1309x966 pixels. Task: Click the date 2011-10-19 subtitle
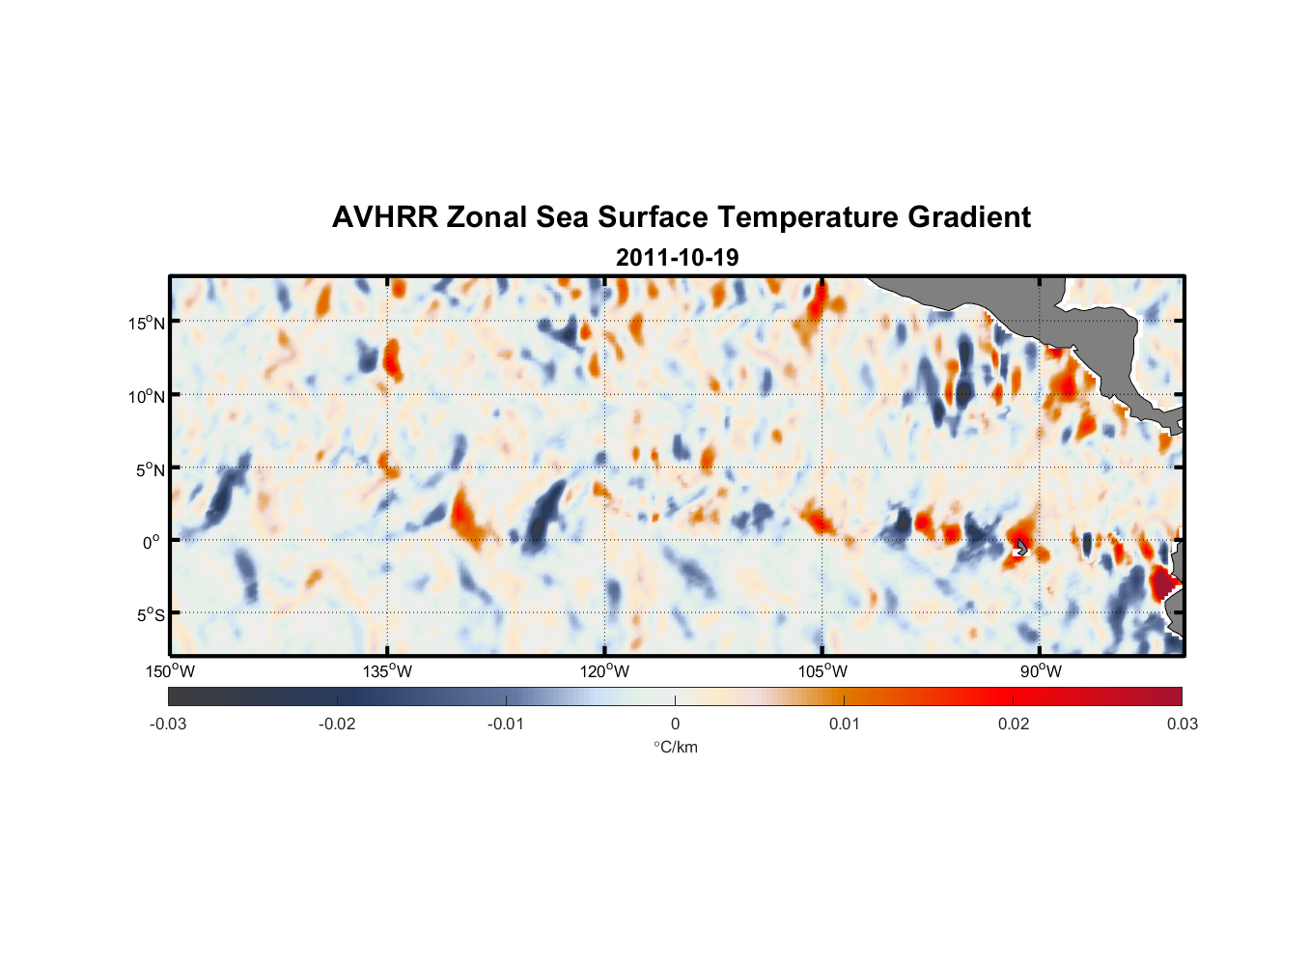(x=677, y=258)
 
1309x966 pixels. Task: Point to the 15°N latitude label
(x=147, y=323)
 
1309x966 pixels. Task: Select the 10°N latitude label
(x=147, y=396)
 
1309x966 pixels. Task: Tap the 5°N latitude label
(x=150, y=469)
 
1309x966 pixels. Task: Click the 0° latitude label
(x=152, y=542)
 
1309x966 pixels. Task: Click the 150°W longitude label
(x=170, y=671)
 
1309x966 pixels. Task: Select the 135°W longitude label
(x=387, y=671)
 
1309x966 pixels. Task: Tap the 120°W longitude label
(x=605, y=671)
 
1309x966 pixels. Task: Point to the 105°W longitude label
(x=822, y=671)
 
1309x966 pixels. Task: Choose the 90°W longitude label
(x=1041, y=671)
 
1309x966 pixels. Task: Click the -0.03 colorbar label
(x=168, y=724)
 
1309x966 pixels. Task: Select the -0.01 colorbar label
(x=506, y=724)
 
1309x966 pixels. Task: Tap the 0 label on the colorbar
(x=675, y=724)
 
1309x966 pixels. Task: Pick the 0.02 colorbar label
(x=1014, y=724)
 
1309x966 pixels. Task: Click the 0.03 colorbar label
(x=1182, y=724)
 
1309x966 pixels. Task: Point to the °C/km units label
(x=675, y=747)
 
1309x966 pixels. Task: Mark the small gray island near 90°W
(x=1021, y=548)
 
